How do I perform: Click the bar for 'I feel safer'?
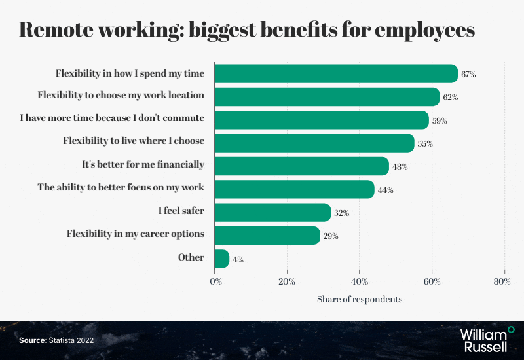coord(272,212)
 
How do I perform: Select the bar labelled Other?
coord(222,259)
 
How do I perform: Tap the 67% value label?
coord(468,75)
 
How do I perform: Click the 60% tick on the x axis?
coord(432,282)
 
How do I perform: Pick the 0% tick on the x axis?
coord(215,282)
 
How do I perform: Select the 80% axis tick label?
coord(502,282)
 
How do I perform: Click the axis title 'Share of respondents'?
coord(360,299)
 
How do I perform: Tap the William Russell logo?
coord(488,338)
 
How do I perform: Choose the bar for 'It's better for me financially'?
coord(301,166)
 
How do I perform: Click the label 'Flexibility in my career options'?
coord(136,234)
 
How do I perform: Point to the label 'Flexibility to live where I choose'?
coord(134,141)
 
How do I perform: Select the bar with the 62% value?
coord(327,97)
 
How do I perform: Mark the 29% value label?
coord(331,236)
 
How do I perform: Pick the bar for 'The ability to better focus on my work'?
coord(294,189)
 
